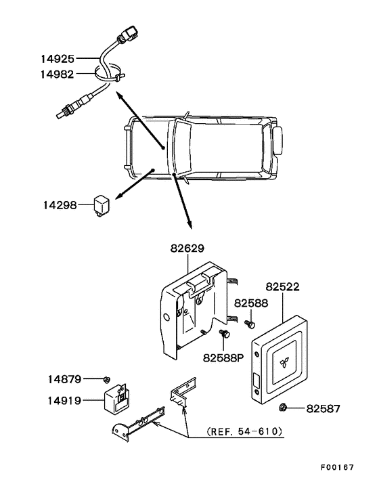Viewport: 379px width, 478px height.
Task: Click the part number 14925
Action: [x=58, y=58]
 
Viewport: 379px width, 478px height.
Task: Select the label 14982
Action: [x=58, y=74]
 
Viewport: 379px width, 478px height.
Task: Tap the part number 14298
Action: [x=60, y=205]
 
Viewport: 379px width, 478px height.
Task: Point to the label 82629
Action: [x=187, y=248]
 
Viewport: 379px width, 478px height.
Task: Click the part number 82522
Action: [x=282, y=287]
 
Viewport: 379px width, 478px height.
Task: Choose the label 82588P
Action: [x=223, y=358]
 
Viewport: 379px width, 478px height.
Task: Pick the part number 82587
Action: [x=323, y=408]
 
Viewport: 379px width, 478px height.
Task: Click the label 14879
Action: [x=64, y=379]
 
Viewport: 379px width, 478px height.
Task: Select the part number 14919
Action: [x=64, y=400]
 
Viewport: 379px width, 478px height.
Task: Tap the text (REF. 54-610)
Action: [x=244, y=431]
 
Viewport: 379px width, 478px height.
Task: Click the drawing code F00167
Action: [x=337, y=467]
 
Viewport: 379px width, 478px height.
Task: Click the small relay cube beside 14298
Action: [x=101, y=205]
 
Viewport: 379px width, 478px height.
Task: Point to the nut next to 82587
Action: [x=282, y=407]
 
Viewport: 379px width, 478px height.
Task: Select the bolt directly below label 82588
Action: [x=250, y=324]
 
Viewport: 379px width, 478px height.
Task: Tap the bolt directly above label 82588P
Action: [x=225, y=334]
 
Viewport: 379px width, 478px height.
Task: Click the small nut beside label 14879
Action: [x=107, y=380]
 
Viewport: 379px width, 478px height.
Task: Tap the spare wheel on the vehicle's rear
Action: [x=278, y=141]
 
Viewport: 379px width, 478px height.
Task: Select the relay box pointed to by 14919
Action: [x=116, y=399]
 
